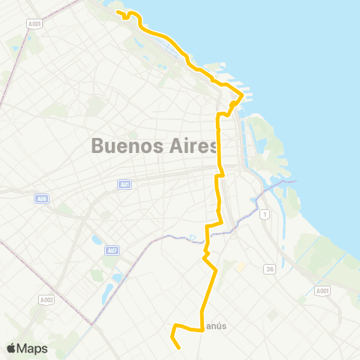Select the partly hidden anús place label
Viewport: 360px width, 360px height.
coord(216,325)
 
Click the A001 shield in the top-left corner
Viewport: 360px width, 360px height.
coord(33,23)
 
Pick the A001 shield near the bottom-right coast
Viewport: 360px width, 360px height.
coord(322,290)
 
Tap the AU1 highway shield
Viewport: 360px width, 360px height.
coord(123,184)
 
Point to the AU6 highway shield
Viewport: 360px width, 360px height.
coord(41,198)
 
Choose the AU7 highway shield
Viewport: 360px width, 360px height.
coord(111,251)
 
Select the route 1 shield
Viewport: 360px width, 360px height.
coord(265,214)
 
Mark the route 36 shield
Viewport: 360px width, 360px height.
coord(269,268)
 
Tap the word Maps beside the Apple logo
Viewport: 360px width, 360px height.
coord(34,348)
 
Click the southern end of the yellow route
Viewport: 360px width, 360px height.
coord(180,348)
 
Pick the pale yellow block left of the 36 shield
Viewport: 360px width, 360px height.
coord(240,266)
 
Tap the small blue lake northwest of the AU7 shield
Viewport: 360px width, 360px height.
coord(96,241)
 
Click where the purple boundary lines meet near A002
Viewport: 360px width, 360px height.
coord(94,325)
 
